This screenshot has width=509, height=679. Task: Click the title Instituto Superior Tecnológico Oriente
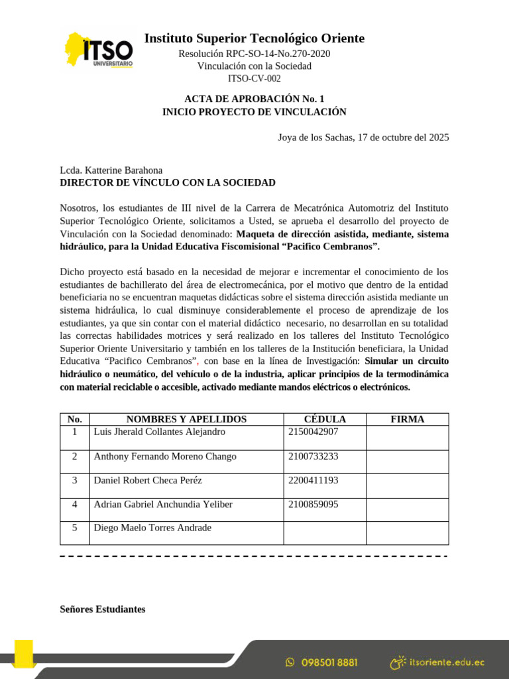[x=254, y=38]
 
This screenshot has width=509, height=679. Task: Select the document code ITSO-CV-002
[x=254, y=78]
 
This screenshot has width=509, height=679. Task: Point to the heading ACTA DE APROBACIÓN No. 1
[x=254, y=99]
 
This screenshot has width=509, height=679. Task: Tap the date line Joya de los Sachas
[x=363, y=137]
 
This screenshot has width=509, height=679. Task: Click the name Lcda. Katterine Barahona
[x=111, y=170]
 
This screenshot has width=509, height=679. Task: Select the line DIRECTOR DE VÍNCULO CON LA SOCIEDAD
[x=168, y=182]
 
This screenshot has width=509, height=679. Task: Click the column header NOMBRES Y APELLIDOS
[x=186, y=419]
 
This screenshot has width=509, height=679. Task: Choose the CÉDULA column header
[x=325, y=419]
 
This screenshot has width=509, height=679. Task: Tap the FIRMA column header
[x=408, y=419]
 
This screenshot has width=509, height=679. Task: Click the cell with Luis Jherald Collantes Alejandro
[x=160, y=432]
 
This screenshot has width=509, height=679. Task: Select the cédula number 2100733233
[x=313, y=456]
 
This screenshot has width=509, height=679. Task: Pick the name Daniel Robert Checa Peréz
[x=148, y=480]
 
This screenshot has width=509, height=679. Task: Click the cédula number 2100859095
[x=313, y=504]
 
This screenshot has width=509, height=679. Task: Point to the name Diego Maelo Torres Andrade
[x=153, y=528]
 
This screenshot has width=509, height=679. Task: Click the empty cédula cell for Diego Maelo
[x=325, y=532]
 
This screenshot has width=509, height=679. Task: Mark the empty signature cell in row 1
[x=408, y=437]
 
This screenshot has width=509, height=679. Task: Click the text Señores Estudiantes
[x=103, y=609]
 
